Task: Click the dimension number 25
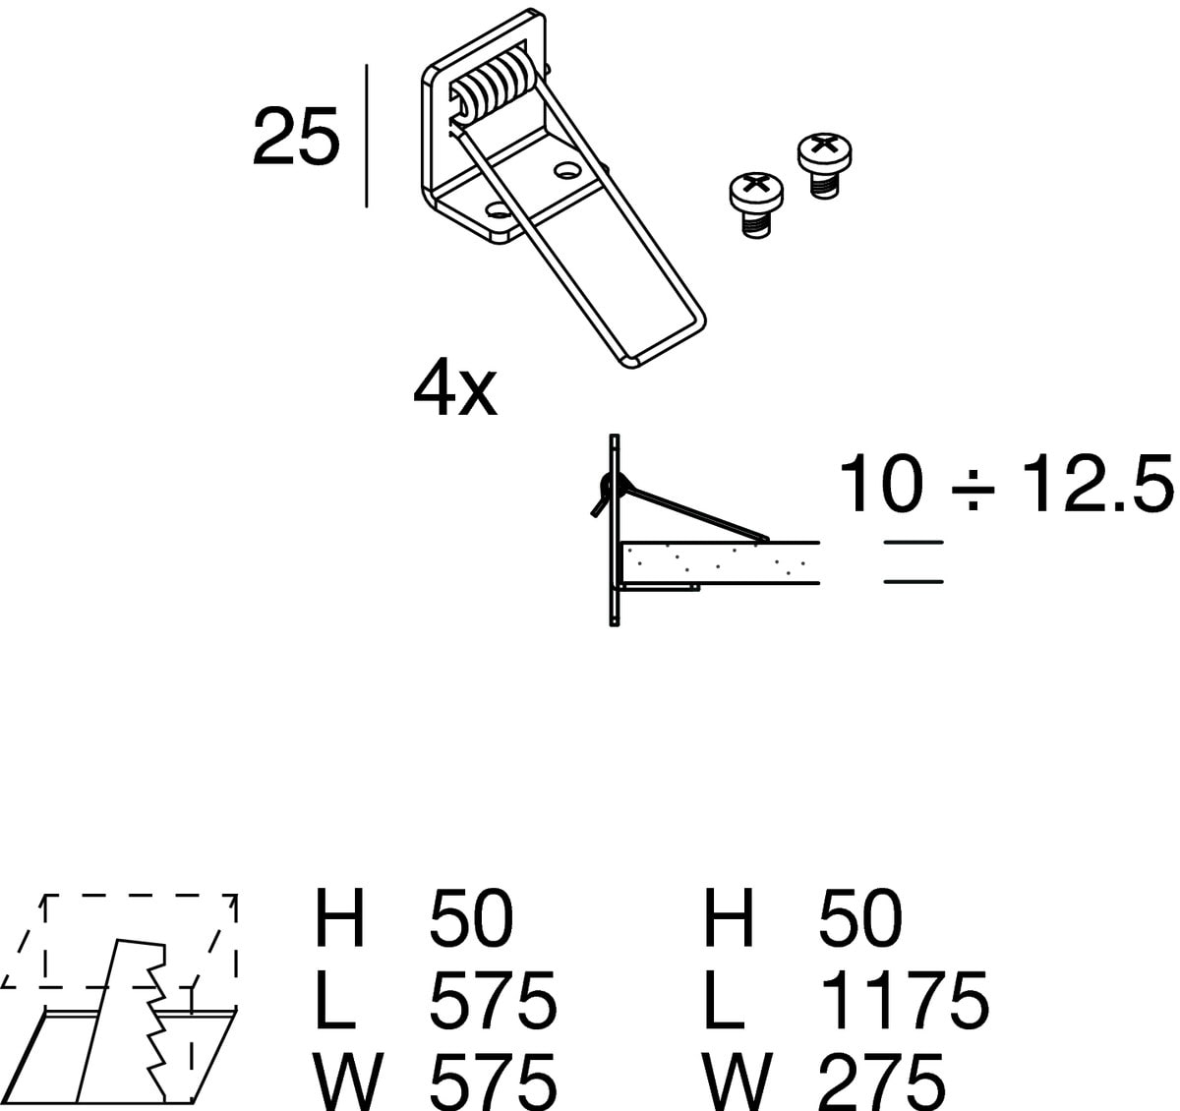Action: [x=296, y=137]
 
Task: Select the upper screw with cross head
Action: [x=824, y=164]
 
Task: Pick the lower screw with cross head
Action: [x=756, y=205]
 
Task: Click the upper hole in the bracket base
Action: [x=566, y=171]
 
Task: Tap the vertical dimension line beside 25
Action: [x=367, y=136]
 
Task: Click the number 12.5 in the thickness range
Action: [x=1097, y=483]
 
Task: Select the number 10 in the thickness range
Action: [x=882, y=483]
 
